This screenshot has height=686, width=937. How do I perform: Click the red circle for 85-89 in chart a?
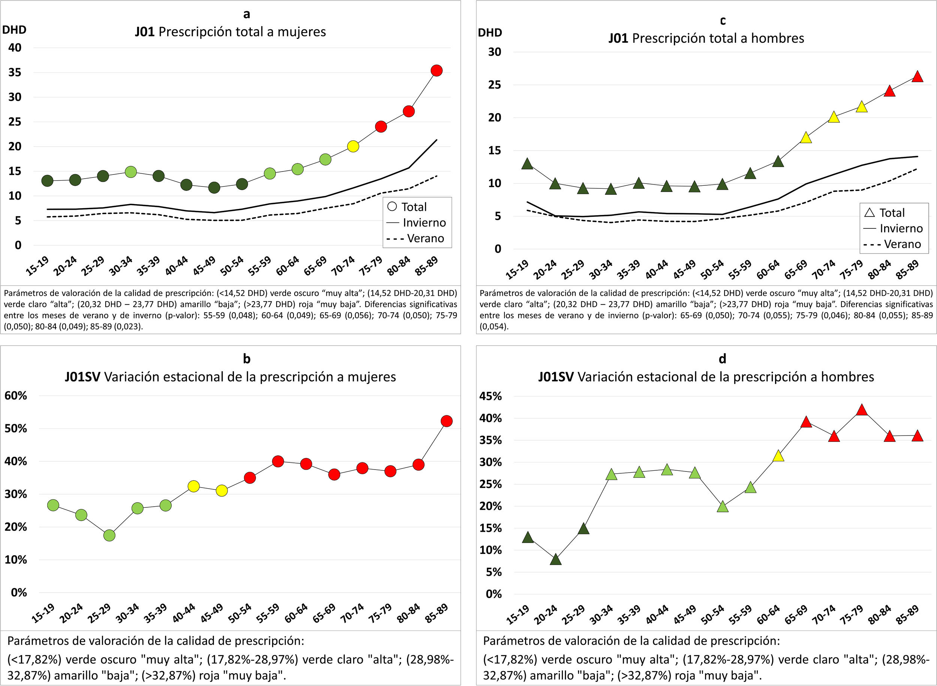point(436,71)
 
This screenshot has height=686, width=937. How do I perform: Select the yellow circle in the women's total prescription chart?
point(353,146)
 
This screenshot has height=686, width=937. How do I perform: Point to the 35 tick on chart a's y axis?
point(15,73)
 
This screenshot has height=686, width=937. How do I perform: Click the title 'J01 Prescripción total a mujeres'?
point(230,32)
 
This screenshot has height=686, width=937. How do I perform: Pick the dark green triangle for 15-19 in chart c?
point(527,164)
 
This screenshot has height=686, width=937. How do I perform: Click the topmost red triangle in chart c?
point(918,77)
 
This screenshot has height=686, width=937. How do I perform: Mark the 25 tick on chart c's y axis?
point(494,85)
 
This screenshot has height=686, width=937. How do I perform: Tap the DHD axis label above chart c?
point(490,32)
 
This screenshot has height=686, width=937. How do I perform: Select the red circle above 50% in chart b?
point(446,421)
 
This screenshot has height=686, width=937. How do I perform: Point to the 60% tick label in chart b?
point(16,395)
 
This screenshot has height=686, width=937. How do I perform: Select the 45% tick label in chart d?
point(491,396)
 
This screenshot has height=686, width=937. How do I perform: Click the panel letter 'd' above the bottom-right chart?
point(723,358)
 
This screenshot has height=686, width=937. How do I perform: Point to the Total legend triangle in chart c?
point(869,213)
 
